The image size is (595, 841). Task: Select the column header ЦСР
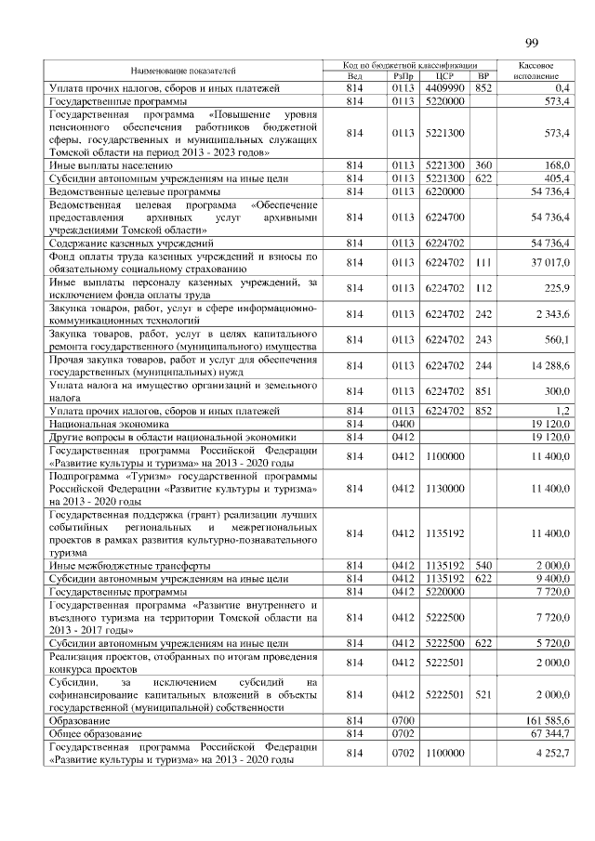pyautogui.click(x=443, y=76)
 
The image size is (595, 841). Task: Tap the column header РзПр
pyautogui.click(x=403, y=76)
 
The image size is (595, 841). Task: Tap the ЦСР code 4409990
pyautogui.click(x=443, y=87)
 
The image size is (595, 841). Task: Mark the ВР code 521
pyautogui.click(x=483, y=693)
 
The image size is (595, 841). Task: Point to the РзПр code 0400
pyautogui.click(x=403, y=422)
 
